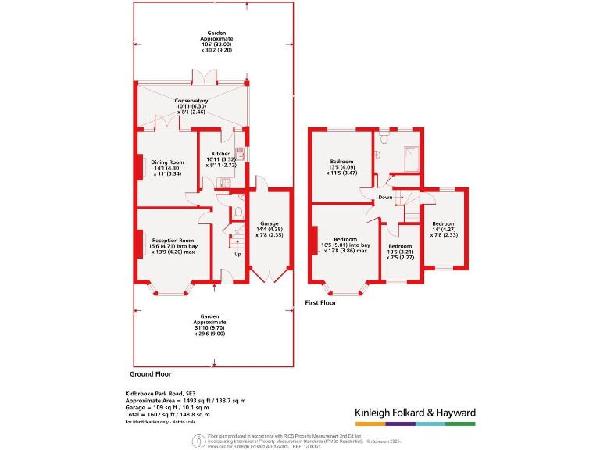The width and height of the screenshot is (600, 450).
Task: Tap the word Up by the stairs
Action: [x=238, y=255]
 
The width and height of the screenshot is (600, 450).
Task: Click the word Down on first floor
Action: [x=385, y=198]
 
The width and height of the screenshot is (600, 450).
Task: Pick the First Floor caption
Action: [x=320, y=302]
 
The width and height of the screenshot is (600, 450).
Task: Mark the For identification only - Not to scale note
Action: [x=162, y=423]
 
